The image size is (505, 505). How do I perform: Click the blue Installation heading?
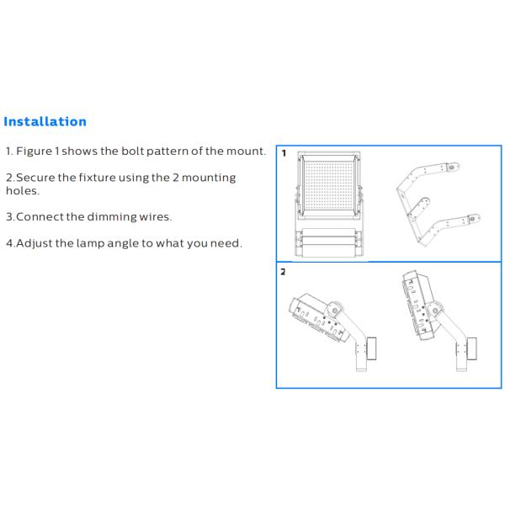point(45,122)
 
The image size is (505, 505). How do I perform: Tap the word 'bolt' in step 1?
point(132,151)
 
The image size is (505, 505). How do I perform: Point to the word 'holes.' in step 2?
point(23,191)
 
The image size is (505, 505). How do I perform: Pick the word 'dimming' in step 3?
point(112,217)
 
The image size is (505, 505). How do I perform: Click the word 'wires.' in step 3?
point(156,217)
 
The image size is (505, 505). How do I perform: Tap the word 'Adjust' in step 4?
point(35,243)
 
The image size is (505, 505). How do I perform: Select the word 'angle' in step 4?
point(123,243)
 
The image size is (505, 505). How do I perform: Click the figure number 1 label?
point(284,153)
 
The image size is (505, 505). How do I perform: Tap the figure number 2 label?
point(283,272)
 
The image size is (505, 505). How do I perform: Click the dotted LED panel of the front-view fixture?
point(329,185)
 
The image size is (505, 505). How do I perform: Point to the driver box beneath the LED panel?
point(329,242)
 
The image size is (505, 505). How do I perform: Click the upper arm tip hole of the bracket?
point(452,167)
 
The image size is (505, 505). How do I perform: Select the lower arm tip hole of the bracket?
point(473,219)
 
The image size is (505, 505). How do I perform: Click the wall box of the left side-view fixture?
point(372,348)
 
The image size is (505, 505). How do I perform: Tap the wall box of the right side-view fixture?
point(472,348)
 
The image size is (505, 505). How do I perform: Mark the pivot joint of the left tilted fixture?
point(335,310)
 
